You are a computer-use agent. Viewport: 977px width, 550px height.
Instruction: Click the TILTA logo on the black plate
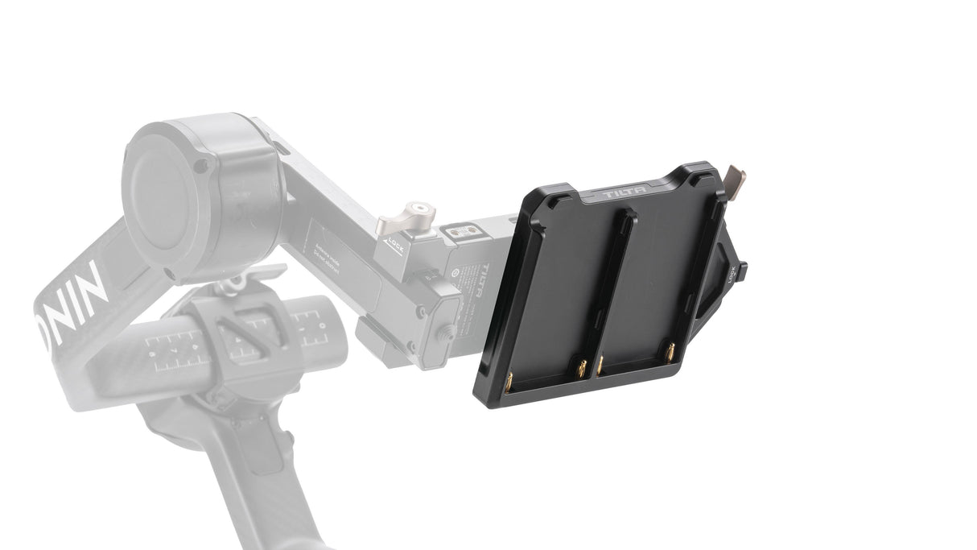point(624,194)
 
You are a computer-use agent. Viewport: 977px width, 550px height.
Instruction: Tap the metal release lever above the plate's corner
point(735,178)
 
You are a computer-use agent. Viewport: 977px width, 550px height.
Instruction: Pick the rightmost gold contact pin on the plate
point(670,351)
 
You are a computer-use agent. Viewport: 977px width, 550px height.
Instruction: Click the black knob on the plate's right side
point(740,272)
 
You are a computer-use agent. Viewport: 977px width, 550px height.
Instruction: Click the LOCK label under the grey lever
point(395,240)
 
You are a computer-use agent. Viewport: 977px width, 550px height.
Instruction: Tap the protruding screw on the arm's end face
point(445,331)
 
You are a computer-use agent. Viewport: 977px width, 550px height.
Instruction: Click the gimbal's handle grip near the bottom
point(241,483)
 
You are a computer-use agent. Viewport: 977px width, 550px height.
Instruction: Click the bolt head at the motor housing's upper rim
point(201,165)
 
